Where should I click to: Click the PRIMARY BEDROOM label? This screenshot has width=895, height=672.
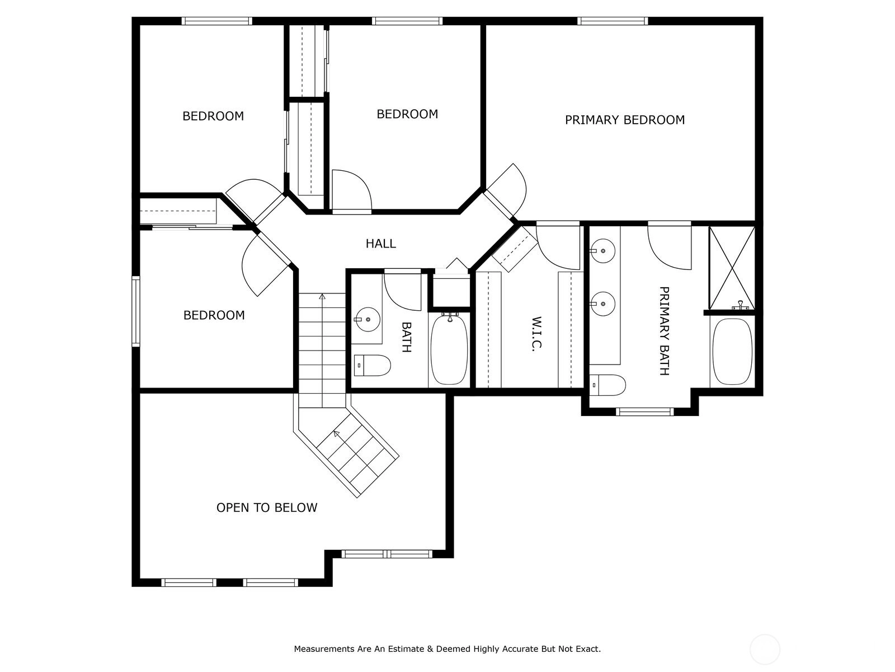[624, 120]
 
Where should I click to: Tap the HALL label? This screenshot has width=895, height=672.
[380, 244]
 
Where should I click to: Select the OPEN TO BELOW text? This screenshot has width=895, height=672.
[267, 507]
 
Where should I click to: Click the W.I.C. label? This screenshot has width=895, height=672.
[536, 333]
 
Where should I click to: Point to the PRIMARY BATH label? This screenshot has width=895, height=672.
[664, 331]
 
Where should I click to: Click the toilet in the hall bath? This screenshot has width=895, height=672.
[373, 365]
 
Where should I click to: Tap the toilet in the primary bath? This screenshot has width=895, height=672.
[607, 385]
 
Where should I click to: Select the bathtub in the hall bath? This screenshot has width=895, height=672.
[449, 349]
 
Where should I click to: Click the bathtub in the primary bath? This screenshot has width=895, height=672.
[732, 351]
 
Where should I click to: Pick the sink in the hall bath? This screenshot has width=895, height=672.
[368, 319]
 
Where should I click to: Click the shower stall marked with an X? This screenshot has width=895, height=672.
[732, 268]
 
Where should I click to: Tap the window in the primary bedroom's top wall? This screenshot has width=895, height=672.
[613, 21]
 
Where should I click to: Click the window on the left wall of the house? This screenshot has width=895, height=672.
[135, 311]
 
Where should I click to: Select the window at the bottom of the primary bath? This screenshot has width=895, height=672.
[644, 412]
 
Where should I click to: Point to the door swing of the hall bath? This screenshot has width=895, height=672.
[402, 291]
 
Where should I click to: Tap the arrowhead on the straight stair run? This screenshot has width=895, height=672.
[322, 296]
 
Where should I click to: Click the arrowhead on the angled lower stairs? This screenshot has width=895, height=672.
[336, 433]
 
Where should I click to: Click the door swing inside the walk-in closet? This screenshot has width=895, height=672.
[558, 245]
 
